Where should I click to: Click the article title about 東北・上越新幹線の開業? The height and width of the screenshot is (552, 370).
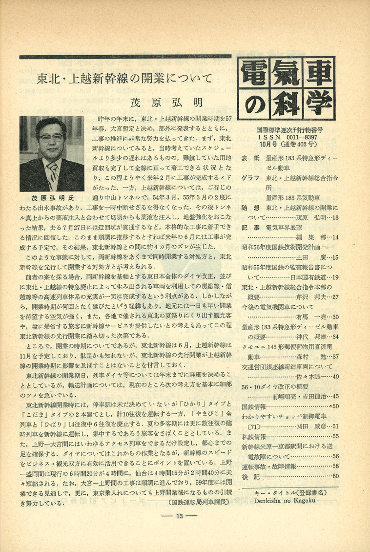[x=125, y=78]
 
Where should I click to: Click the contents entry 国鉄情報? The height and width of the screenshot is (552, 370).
[x=254, y=406]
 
